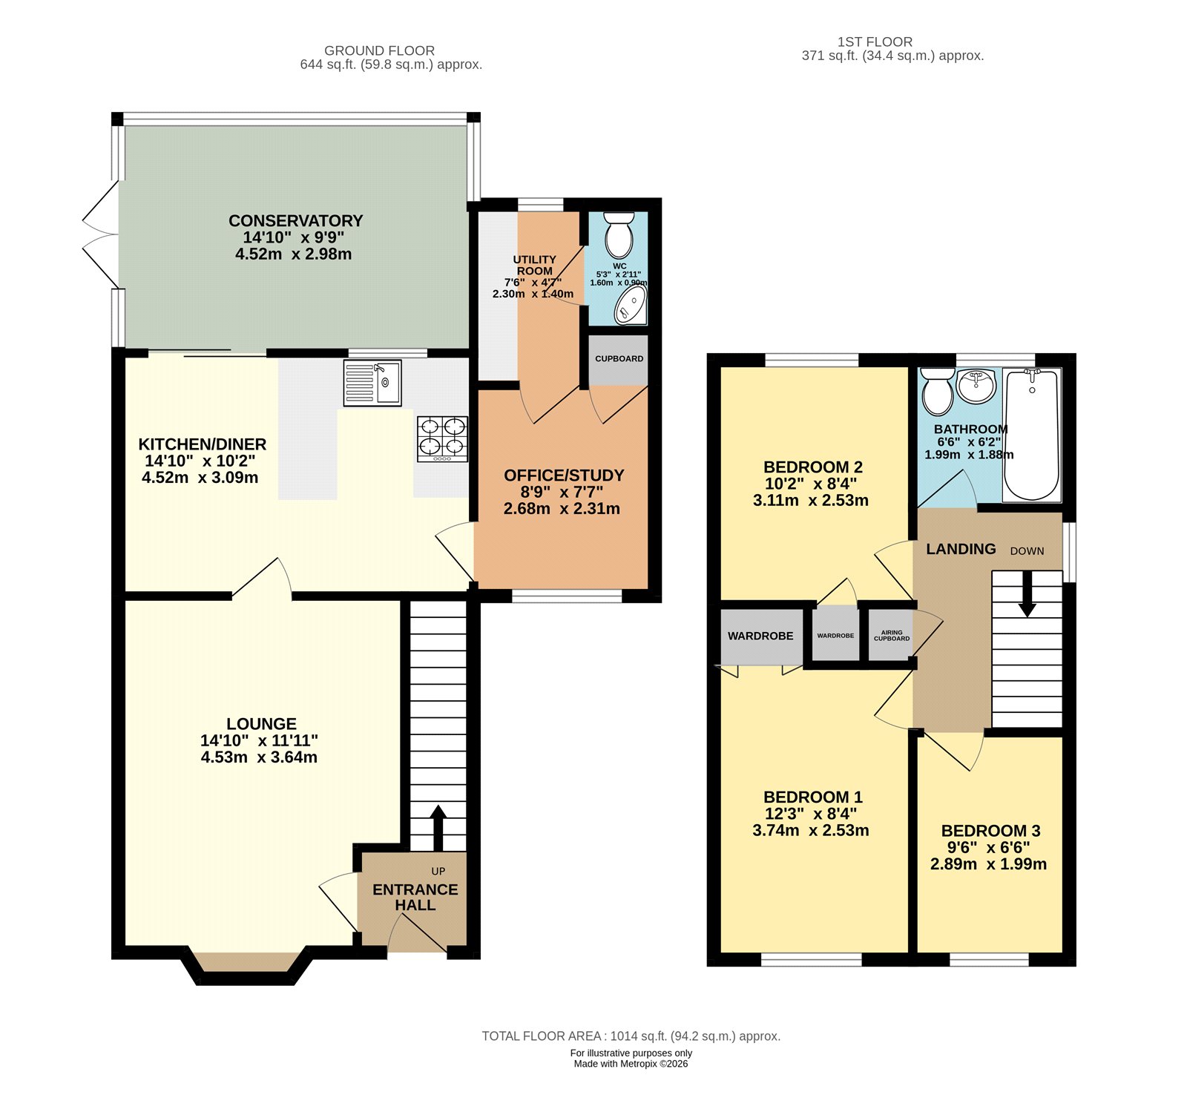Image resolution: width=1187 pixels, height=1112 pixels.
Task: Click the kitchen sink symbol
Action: [x=372, y=383]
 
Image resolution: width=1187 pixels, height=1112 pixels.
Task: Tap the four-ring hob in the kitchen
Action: [x=443, y=438]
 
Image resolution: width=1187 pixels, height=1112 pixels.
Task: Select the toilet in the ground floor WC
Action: [x=618, y=234]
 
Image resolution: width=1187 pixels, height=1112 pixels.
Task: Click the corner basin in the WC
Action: [x=632, y=306]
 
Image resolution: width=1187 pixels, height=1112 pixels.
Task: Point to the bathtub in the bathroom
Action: [x=1031, y=435]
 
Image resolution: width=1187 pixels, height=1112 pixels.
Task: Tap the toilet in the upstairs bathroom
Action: [x=938, y=391]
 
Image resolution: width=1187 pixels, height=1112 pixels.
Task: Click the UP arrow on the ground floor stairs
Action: [x=438, y=826]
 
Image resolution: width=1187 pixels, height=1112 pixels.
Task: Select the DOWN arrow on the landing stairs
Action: [x=1027, y=593]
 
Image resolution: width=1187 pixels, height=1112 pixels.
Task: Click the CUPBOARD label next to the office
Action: [x=619, y=359]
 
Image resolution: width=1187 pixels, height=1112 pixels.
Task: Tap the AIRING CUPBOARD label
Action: [x=891, y=636]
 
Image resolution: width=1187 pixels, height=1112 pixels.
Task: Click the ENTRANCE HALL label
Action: [x=415, y=897]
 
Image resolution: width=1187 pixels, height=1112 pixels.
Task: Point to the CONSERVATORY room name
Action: [x=295, y=220]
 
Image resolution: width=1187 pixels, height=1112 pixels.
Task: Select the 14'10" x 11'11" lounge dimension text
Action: [x=259, y=740]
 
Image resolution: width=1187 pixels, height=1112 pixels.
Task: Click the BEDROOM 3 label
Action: [x=990, y=831]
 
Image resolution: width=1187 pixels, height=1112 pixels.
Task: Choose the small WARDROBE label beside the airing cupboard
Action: [x=835, y=636]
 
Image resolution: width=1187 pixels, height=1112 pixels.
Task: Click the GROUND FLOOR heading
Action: [x=379, y=50]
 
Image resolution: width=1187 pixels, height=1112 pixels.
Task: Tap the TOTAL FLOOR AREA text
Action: [x=631, y=1036]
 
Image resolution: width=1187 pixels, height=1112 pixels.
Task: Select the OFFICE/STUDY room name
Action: [x=564, y=476]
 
